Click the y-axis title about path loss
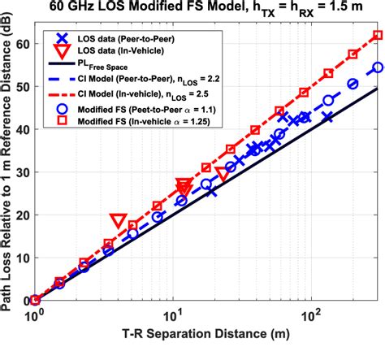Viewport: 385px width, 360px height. pos(9,163)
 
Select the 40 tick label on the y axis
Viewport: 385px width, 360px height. pos(20,129)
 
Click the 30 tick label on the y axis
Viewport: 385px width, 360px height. pos(20,172)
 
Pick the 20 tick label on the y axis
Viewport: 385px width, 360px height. pos(20,215)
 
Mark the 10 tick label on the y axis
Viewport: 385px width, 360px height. pos(20,258)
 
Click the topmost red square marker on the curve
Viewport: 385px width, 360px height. pos(377,36)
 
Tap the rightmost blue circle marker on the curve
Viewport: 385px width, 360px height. pos(377,67)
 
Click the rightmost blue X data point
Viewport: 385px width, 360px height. pos(327,118)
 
